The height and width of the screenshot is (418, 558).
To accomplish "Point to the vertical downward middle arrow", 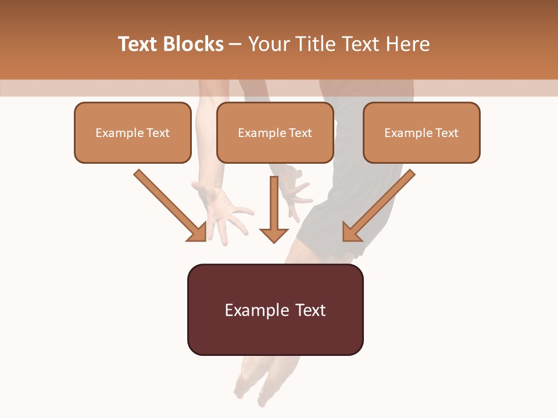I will click(x=274, y=209).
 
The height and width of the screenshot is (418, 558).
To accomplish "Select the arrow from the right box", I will click(x=378, y=206).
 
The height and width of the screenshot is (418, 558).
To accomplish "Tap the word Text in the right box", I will click(x=446, y=133).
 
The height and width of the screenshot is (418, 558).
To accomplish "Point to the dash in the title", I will click(x=235, y=45).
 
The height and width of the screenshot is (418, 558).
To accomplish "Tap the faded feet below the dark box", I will click(x=256, y=380).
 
